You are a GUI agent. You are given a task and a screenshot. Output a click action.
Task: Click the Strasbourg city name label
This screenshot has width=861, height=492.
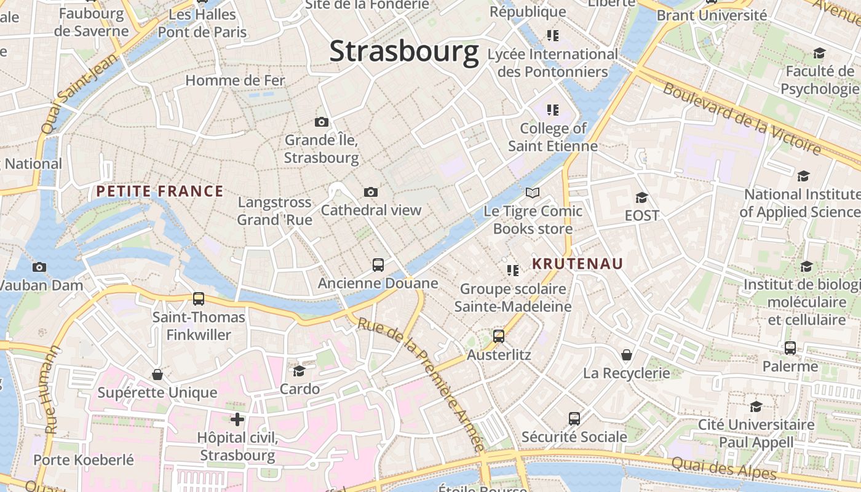[x=404, y=51]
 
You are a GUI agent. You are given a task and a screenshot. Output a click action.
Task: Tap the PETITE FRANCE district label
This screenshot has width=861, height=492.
[x=159, y=191]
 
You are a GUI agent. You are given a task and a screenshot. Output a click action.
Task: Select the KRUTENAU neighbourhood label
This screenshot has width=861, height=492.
[x=577, y=264]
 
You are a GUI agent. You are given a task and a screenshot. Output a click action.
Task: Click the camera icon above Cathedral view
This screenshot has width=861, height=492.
[x=370, y=192]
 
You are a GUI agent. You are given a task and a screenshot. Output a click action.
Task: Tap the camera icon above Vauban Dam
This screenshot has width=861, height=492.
[x=39, y=267]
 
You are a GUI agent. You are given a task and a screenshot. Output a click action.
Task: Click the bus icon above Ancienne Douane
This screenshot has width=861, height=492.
[x=378, y=265]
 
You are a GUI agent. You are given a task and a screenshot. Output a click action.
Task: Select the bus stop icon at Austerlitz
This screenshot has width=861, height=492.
[x=499, y=336]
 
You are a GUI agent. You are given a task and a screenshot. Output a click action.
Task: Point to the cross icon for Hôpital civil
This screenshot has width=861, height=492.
[x=237, y=419]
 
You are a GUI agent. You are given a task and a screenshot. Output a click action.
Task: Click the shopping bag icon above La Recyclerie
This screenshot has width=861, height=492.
[x=627, y=355]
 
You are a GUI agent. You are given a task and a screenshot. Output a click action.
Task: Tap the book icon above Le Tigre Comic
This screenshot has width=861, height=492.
[x=533, y=193]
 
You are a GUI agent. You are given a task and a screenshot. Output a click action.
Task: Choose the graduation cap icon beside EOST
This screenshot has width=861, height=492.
[x=641, y=197]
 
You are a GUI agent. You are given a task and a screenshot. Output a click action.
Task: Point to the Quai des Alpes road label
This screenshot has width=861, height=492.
[x=724, y=468]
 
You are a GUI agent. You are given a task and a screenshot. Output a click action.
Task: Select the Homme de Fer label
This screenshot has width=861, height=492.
[x=235, y=81]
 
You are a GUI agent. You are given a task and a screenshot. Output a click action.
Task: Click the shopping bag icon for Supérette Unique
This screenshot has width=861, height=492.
[x=157, y=375]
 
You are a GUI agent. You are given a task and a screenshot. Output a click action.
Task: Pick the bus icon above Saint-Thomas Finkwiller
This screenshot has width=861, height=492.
[x=199, y=299]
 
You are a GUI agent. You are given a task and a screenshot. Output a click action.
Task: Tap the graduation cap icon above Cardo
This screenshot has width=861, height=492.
[x=300, y=371]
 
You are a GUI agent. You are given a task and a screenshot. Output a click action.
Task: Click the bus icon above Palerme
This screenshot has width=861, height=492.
[x=790, y=348]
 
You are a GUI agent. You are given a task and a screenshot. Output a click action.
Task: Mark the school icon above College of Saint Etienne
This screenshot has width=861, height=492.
[x=553, y=110]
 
